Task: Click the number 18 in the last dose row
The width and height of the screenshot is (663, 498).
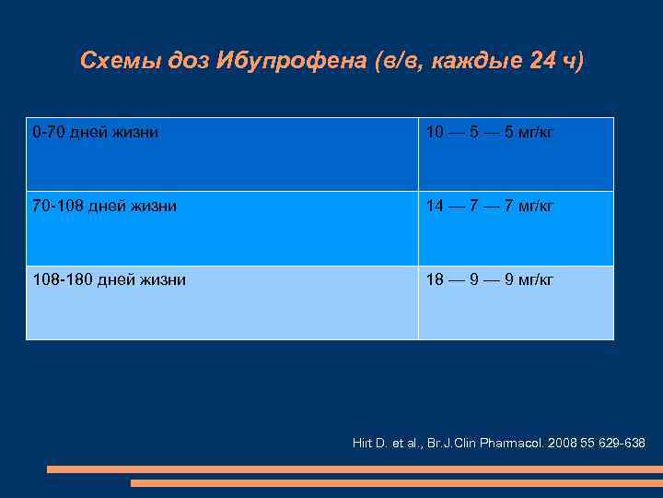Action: pyautogui.click(x=435, y=279)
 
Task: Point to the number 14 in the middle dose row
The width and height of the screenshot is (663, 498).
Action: pyautogui.click(x=435, y=207)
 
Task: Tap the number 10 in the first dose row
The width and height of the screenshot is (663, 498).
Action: pyautogui.click(x=435, y=133)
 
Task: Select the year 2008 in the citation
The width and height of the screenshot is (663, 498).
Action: pyautogui.click(x=564, y=444)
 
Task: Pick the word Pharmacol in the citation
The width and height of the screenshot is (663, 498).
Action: pyautogui.click(x=510, y=444)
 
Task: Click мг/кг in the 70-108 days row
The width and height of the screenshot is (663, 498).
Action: pyautogui.click(x=534, y=207)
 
